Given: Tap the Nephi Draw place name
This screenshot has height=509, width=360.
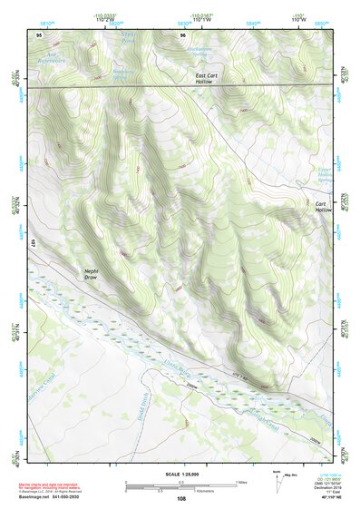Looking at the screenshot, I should click(x=91, y=274).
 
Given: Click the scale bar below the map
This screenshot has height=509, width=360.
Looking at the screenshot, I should click(x=180, y=485).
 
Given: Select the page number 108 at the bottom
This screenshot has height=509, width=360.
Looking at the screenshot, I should click(x=180, y=498).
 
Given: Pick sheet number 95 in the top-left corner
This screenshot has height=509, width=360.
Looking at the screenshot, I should click(x=38, y=33).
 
